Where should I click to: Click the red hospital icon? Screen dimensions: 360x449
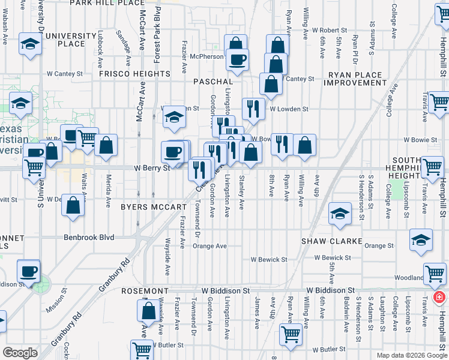pos(439,298)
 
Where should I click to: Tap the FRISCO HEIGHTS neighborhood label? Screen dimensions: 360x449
pos(135,74)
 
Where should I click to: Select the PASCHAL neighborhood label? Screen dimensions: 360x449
pos(213,81)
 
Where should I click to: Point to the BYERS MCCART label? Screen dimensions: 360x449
pos(154,207)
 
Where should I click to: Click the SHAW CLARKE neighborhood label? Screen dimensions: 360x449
pos(332,241)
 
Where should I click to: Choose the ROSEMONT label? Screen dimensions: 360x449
pos(145,290)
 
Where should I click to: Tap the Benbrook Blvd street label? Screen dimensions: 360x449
pos(89,238)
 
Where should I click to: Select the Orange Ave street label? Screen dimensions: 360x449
pos(209,246)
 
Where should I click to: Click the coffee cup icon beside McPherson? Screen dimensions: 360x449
pos(238,58)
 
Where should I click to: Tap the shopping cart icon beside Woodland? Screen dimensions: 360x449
pos(435,274)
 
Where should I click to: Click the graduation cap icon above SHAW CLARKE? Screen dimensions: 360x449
pos(340,213)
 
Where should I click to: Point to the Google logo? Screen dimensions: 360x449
pos(20,353)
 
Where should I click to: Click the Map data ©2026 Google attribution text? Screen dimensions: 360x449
pos(411,355)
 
